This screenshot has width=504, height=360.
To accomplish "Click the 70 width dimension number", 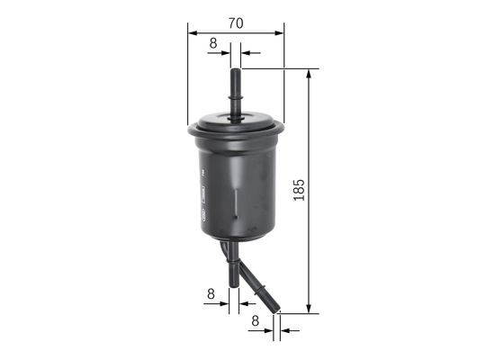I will coord(235,23).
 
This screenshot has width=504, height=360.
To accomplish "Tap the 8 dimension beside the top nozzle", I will coord(213,42).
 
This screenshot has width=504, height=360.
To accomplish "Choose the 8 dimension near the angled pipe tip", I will coord(256,319).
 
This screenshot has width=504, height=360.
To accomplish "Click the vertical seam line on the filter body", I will coord(236,202).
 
